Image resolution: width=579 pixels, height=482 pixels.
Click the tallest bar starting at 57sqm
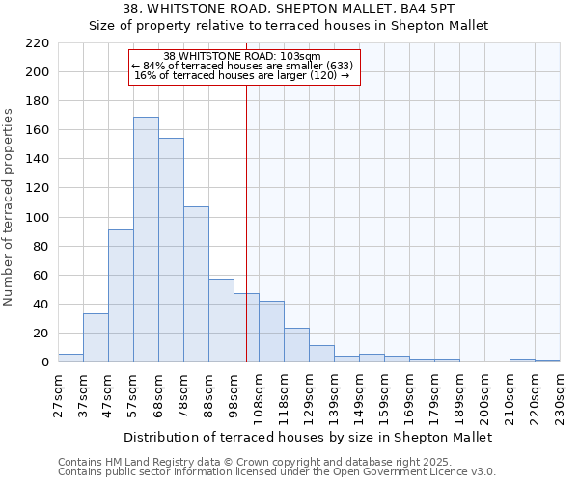[146, 239]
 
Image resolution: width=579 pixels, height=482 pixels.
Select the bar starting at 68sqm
[171, 250]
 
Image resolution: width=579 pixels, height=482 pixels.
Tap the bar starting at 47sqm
[121, 296]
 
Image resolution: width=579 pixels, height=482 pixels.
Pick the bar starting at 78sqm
[196, 284]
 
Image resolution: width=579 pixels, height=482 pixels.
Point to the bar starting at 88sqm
[221, 320]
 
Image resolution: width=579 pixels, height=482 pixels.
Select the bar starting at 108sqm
[271, 332]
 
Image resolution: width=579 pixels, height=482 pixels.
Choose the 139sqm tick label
[335, 396]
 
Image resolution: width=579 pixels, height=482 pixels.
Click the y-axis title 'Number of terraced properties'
[10, 207]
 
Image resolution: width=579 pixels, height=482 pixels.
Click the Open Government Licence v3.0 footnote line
[277, 471]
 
